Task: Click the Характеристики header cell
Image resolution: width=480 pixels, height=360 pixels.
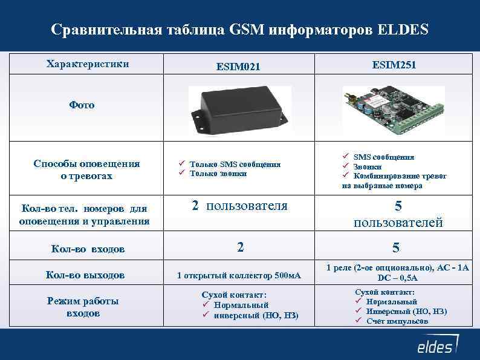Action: [87, 63]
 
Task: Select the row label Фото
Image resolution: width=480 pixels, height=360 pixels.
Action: [82, 105]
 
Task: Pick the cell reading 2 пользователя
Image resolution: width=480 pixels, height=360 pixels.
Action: [239, 206]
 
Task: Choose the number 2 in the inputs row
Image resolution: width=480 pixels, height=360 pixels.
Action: [241, 246]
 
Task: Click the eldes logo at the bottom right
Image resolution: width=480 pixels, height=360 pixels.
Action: [435, 347]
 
